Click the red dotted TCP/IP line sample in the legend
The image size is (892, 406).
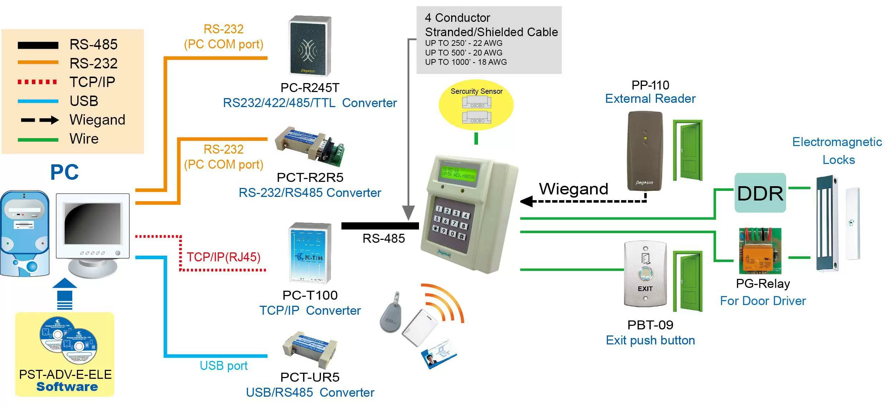(37, 82)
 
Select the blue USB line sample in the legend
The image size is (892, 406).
(38, 101)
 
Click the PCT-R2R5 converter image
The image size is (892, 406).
(309, 147)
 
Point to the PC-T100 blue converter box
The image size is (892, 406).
(310, 253)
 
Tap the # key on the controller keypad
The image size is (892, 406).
(462, 237)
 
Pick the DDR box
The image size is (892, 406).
(760, 193)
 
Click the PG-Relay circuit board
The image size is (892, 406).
(760, 251)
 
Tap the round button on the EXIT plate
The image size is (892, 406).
(645, 274)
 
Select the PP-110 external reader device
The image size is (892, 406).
(645, 151)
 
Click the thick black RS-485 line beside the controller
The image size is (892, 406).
(380, 226)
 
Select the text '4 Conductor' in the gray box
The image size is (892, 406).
(457, 18)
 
